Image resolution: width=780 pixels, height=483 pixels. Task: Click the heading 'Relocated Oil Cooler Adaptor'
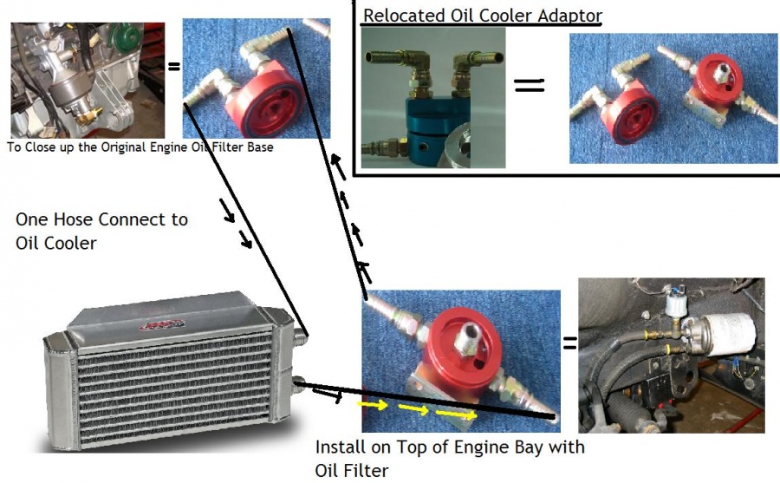[x=482, y=16]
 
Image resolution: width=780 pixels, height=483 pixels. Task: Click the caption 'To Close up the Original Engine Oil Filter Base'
[x=140, y=147]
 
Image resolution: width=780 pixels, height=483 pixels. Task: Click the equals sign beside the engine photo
[x=173, y=65]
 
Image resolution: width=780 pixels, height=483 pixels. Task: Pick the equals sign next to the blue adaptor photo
[x=530, y=85]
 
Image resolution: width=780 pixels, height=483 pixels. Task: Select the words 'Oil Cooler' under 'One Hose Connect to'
[x=56, y=243]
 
